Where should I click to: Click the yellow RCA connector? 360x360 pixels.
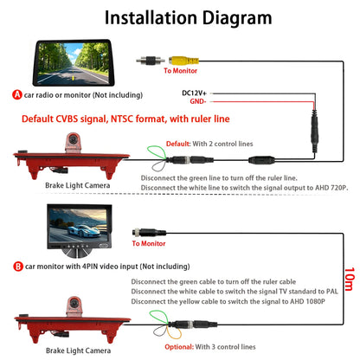pos(183,61)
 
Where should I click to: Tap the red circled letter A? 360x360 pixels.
pos(17,94)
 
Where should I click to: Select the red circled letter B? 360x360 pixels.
pos(18,267)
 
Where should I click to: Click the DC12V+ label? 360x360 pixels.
pos(194,93)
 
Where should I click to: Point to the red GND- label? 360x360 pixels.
pos(198,101)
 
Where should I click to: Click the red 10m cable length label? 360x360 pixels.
pos(349,279)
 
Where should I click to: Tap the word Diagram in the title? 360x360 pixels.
pos(237,18)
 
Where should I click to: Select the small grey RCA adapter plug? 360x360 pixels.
pos(151,61)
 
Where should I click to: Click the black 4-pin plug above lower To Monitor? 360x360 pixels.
pos(149,232)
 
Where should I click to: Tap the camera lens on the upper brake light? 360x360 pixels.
pos(73,139)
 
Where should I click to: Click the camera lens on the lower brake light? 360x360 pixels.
pos(74,303)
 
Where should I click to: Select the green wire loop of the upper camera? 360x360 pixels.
pos(156,152)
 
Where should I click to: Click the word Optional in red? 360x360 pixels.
pos(179,347)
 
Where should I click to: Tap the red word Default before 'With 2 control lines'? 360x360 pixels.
pos(178,144)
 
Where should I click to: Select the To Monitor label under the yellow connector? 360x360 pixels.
pos(181,71)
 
